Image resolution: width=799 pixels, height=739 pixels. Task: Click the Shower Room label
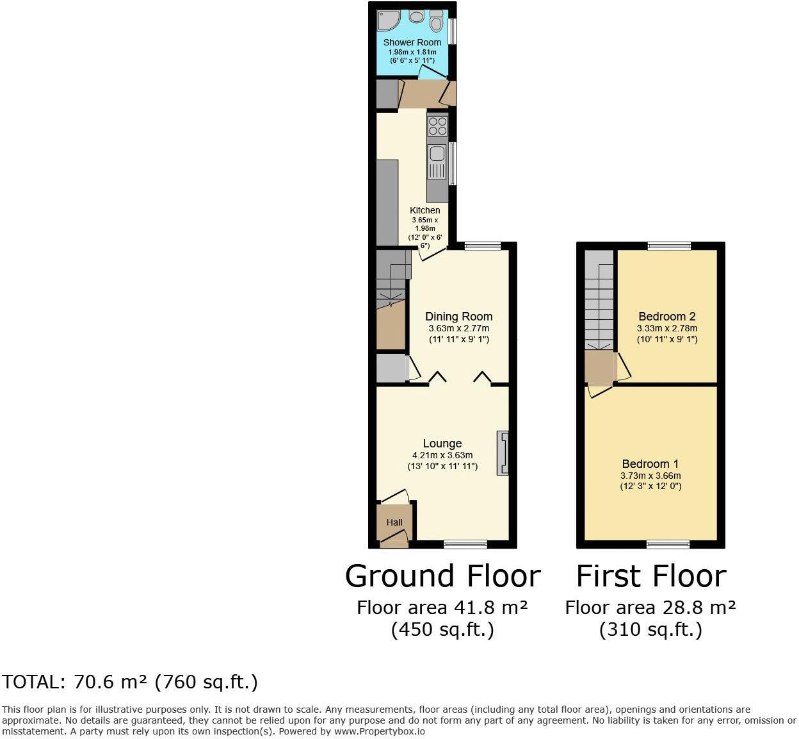[412, 42]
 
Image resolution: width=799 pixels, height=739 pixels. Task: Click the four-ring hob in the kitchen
[438, 126]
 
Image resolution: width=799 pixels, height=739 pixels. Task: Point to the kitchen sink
[438, 154]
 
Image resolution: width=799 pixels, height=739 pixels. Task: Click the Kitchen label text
[425, 210]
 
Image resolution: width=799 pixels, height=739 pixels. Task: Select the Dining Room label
[459, 317]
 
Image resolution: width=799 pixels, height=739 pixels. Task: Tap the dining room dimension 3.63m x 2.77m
[459, 328]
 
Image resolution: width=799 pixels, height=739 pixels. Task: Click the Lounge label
[442, 444]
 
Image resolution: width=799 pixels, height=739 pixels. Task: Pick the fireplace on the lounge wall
[503, 453]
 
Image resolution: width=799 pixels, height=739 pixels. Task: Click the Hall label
[394, 522]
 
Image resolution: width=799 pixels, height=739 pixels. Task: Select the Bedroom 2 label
[667, 317]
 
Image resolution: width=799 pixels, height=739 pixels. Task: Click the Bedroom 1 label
[650, 464]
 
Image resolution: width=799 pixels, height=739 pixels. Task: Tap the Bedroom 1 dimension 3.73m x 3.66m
[650, 476]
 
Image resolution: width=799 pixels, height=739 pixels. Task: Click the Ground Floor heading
[442, 576]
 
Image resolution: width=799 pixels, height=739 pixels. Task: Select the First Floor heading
[651, 576]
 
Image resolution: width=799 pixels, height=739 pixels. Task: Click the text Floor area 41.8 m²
[442, 607]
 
